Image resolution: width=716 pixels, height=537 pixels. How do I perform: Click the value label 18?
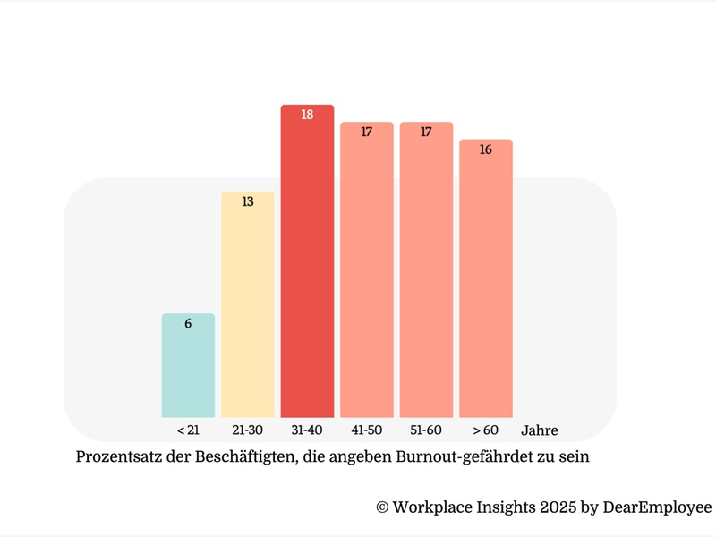click(307, 115)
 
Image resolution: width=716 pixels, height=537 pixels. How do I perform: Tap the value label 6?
click(188, 324)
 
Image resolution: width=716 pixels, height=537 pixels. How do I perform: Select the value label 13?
click(248, 202)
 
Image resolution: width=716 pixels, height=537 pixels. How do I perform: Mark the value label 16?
click(486, 149)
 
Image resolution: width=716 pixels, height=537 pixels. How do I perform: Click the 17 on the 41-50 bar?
click(367, 132)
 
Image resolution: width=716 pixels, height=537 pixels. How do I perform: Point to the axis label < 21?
click(188, 430)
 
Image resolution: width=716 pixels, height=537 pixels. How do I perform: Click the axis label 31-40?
click(307, 430)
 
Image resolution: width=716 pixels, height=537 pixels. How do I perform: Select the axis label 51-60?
click(426, 430)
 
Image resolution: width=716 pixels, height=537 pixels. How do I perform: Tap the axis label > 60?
click(486, 430)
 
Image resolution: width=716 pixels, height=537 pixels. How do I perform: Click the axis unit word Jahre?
click(539, 430)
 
